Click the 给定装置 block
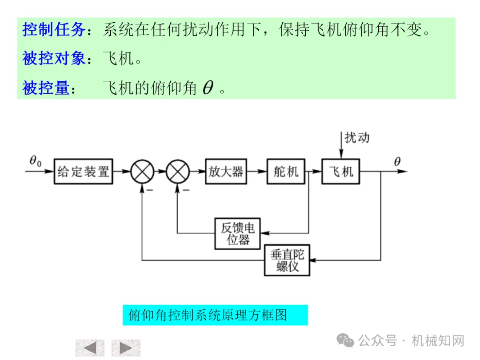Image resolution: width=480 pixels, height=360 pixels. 83,171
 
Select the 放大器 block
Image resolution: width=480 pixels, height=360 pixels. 226,171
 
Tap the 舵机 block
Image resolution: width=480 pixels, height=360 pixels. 286,171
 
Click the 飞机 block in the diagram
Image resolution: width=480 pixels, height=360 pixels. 341,171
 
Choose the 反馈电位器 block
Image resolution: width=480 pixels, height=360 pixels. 237,234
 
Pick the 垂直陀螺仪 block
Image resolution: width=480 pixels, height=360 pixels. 287,260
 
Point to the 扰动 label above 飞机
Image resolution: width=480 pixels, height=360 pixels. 357,137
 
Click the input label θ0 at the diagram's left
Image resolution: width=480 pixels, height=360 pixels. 35,161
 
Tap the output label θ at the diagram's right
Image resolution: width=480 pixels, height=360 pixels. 397,161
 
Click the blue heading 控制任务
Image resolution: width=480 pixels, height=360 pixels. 54,30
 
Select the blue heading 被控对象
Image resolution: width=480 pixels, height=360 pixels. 54,58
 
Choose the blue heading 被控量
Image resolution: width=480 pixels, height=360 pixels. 46,88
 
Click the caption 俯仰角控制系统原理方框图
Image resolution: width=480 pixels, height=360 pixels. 208,315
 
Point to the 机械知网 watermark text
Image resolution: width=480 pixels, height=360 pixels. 438,341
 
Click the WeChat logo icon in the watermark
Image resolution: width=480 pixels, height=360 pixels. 345,341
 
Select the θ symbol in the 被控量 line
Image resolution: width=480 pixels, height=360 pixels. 208,88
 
